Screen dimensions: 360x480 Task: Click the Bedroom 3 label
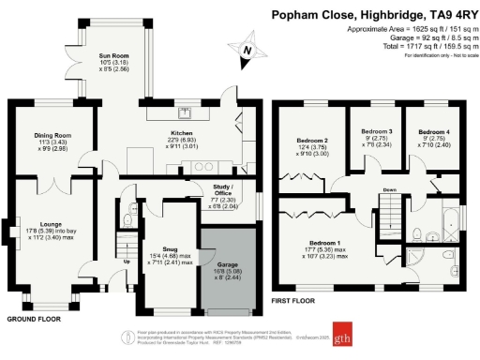click(x=377, y=132)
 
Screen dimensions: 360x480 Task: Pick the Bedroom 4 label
click(x=434, y=132)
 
